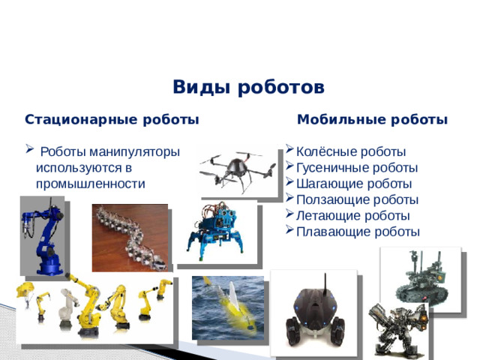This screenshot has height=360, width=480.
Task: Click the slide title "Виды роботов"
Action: (248, 88)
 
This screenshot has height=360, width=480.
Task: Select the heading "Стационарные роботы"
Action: (112, 119)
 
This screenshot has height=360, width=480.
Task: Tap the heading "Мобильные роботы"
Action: (373, 119)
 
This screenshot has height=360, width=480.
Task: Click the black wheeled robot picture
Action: (313, 312)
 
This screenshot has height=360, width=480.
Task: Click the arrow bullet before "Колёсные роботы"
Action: (290, 151)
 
